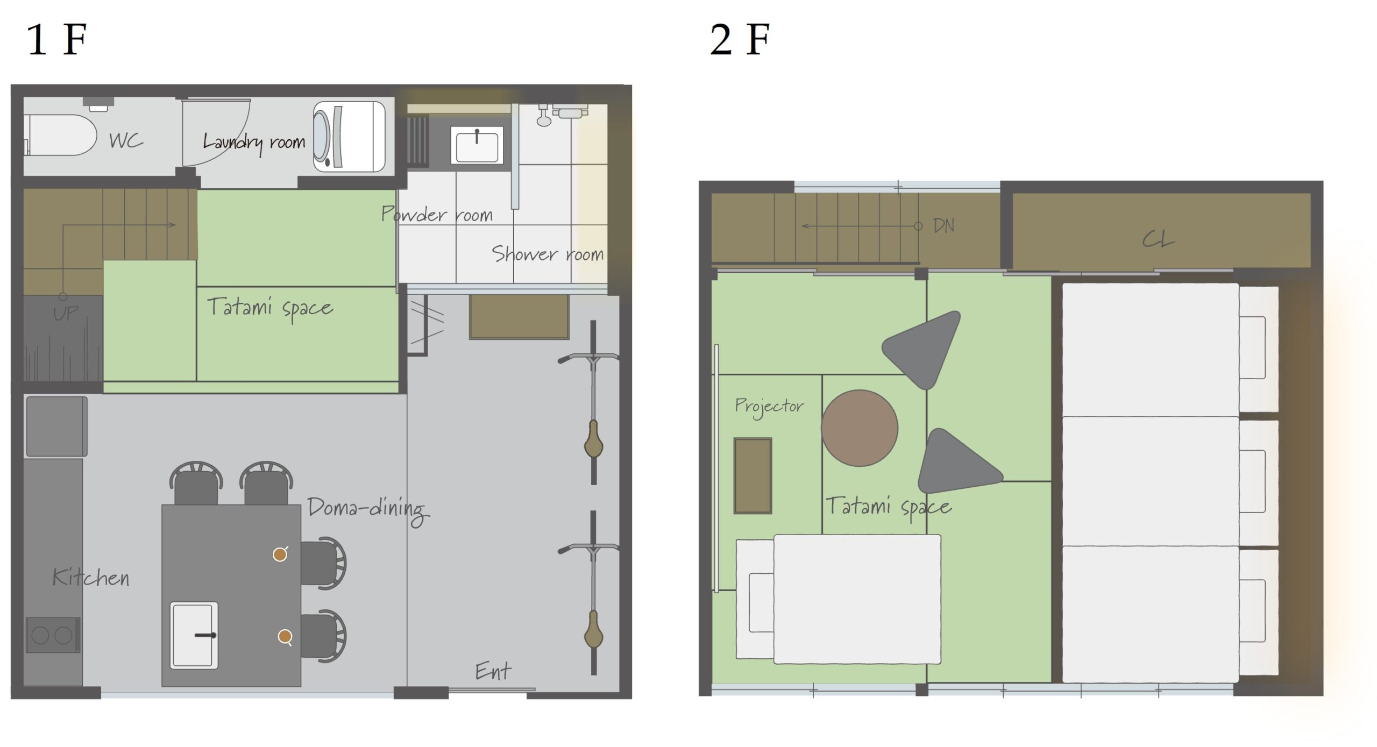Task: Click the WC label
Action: [x=126, y=140]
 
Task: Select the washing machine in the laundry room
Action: [x=350, y=137]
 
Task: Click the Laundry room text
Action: [x=254, y=143]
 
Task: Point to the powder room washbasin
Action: [x=477, y=144]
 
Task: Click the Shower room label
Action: [x=548, y=254]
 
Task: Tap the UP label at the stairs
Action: [x=66, y=313]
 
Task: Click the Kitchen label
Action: [x=90, y=578]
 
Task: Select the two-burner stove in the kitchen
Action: [x=53, y=635]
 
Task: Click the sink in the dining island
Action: [x=194, y=635]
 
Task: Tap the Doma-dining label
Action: [x=368, y=511]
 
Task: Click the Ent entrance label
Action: [x=493, y=671]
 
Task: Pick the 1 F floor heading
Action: [x=56, y=40]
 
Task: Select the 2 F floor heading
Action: [x=740, y=40]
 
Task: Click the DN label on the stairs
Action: [x=944, y=225]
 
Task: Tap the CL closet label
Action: [x=1158, y=239]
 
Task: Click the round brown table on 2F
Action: [x=860, y=428]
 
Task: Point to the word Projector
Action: [x=769, y=407]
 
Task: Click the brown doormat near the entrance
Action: [x=519, y=317]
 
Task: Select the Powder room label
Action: [x=437, y=214]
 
